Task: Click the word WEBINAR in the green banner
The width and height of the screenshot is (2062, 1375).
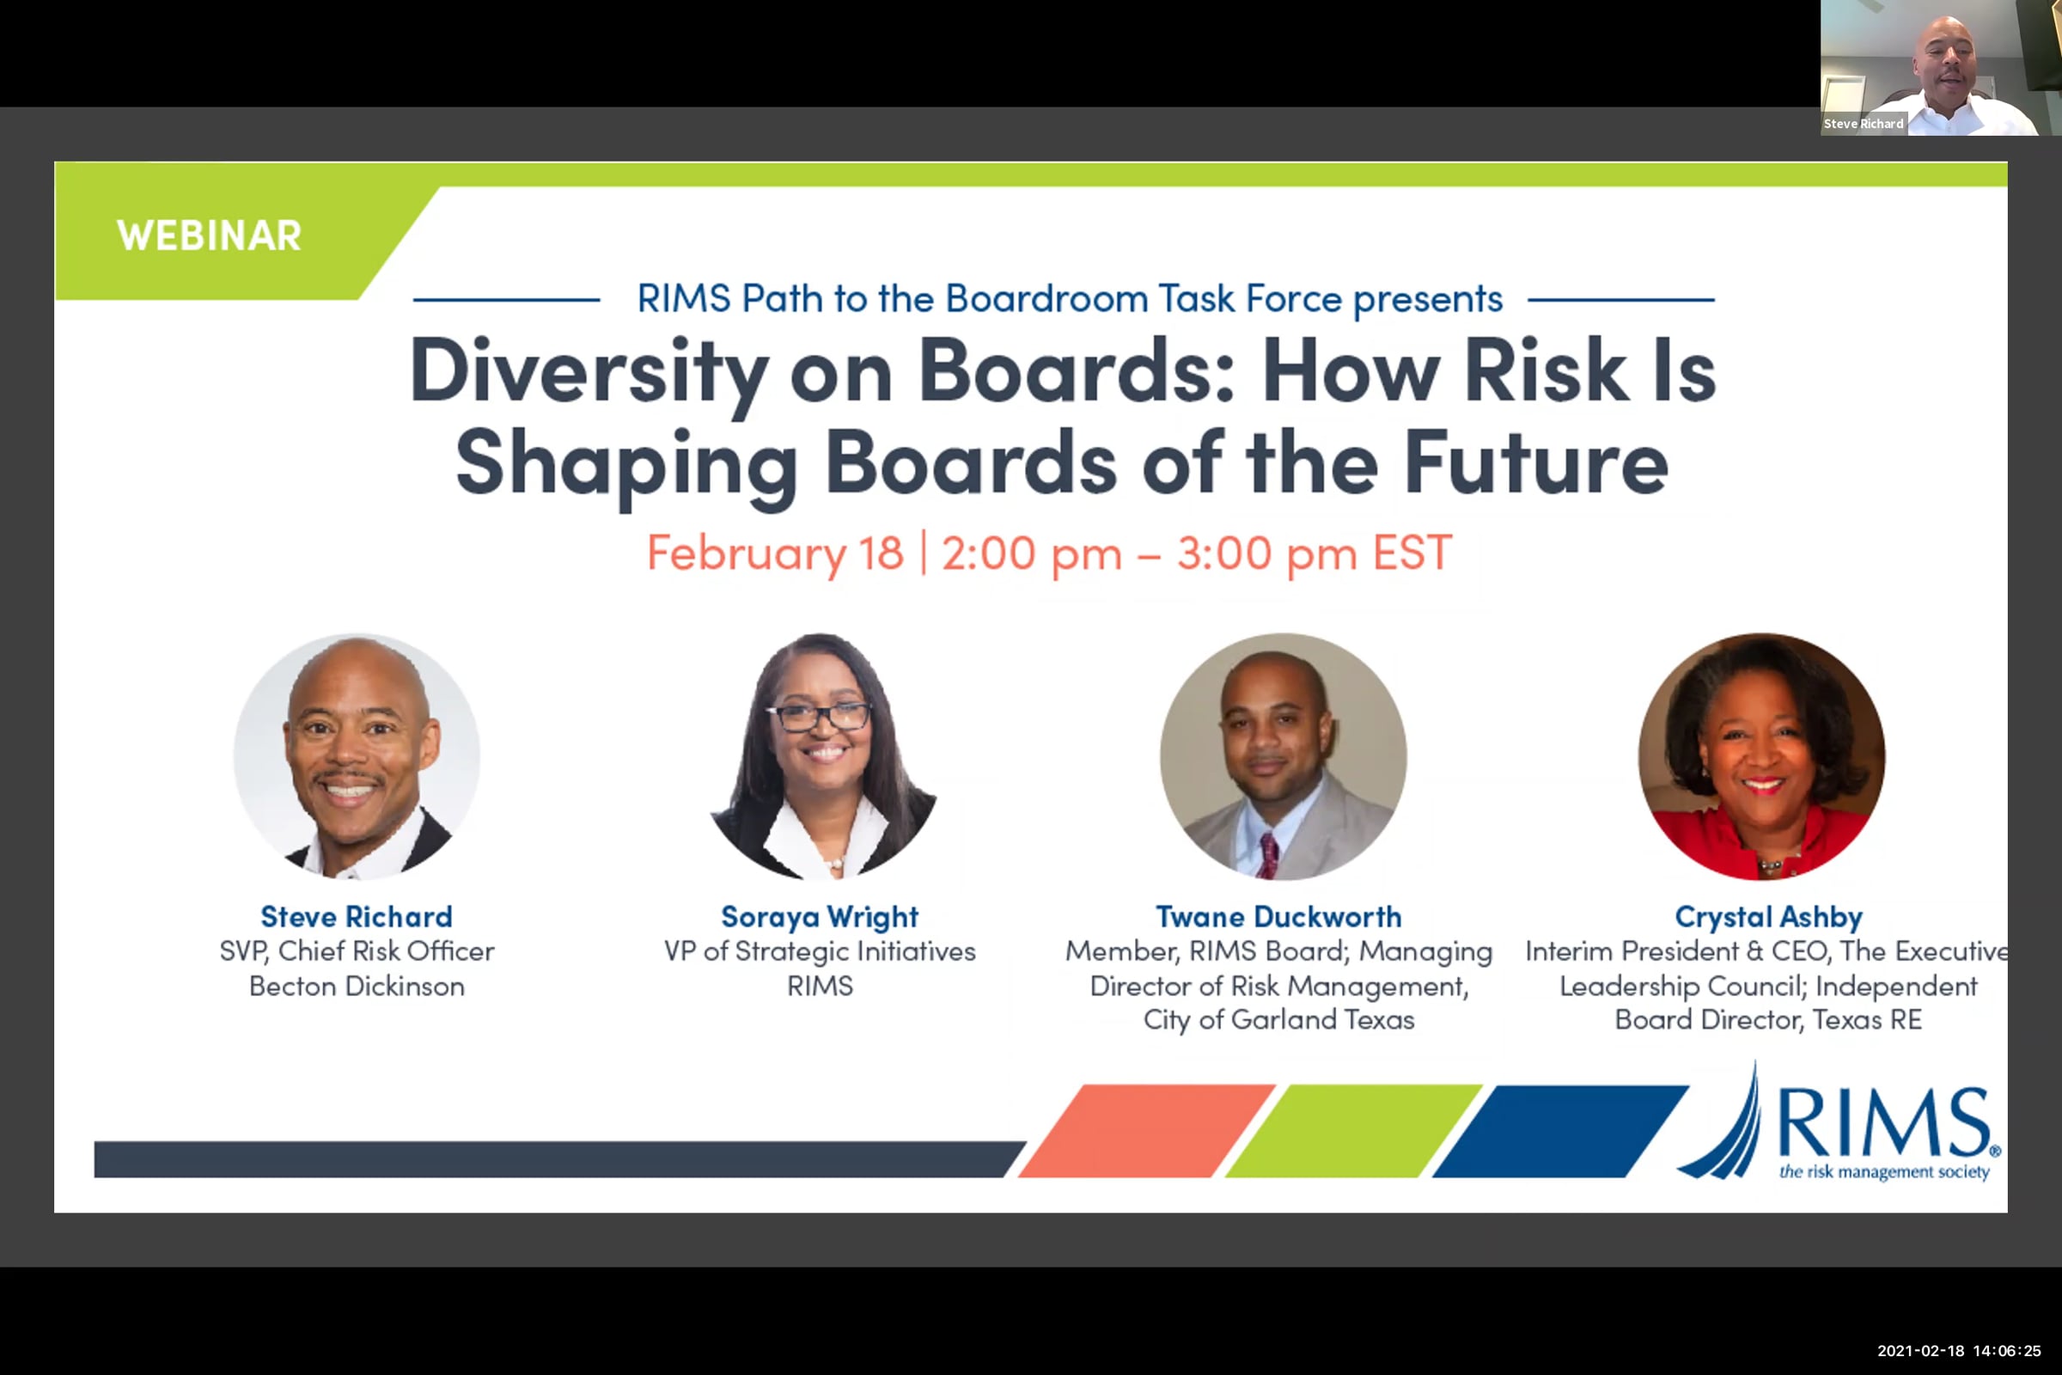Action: click(209, 235)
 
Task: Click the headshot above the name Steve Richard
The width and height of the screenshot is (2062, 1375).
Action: click(357, 756)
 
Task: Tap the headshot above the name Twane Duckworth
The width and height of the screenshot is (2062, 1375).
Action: click(1283, 756)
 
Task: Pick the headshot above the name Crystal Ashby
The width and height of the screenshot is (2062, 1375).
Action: click(1761, 756)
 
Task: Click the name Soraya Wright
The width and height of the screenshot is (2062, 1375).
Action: click(820, 917)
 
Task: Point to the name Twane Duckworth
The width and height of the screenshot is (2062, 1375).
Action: click(1278, 917)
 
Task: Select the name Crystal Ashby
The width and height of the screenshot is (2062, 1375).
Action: click(1768, 917)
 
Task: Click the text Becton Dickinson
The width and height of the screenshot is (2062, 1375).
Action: click(357, 986)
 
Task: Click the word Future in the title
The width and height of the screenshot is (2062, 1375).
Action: click(1535, 462)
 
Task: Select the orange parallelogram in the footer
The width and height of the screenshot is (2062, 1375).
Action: click(1147, 1130)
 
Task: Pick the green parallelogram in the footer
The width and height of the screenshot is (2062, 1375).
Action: click(1354, 1130)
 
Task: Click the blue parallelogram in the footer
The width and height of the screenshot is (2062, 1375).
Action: click(1560, 1130)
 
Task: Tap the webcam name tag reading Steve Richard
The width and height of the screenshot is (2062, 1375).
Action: click(1863, 124)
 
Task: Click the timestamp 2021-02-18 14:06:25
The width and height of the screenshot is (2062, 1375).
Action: click(1959, 1351)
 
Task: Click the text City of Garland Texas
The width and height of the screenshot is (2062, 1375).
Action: click(1278, 1020)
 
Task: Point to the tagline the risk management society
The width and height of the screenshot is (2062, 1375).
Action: click(1884, 1171)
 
